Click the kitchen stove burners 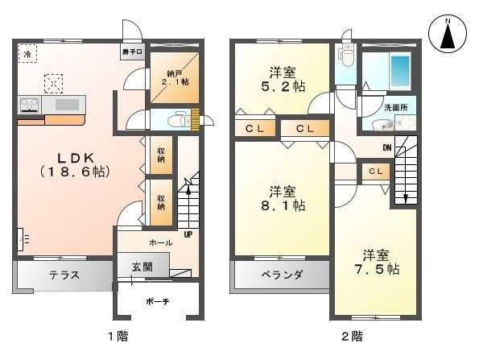point(29,104)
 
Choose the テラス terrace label point(64,275)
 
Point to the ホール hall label point(160,242)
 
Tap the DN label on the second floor point(386,147)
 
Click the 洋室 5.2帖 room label point(281,74)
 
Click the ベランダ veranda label point(282,275)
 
